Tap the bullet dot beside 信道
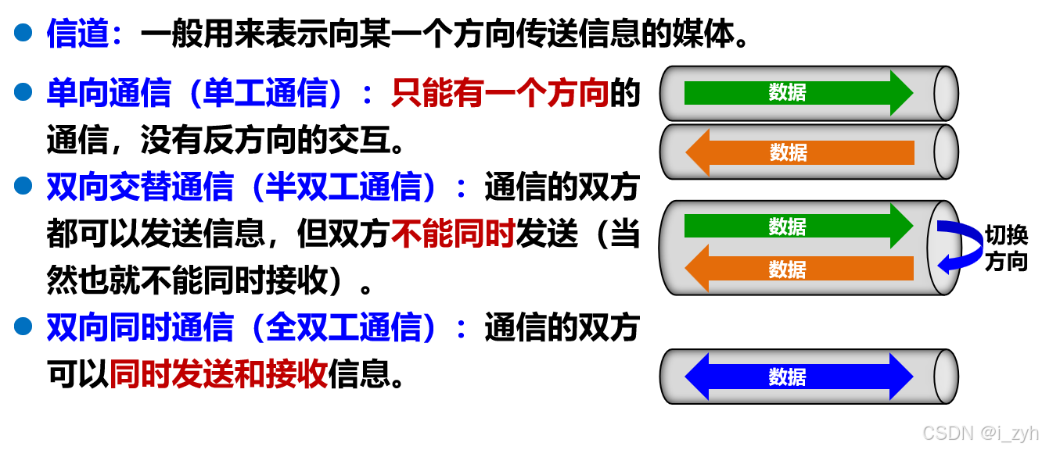point(23,32)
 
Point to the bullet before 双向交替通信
point(23,186)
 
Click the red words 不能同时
point(452,234)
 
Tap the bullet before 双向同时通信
point(23,326)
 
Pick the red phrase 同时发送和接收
point(218,374)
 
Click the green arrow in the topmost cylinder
point(798,92)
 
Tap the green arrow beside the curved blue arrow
point(798,226)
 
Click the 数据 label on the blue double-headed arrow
point(787,377)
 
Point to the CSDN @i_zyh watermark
point(979,432)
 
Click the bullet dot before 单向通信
point(23,92)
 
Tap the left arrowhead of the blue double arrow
point(697,377)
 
